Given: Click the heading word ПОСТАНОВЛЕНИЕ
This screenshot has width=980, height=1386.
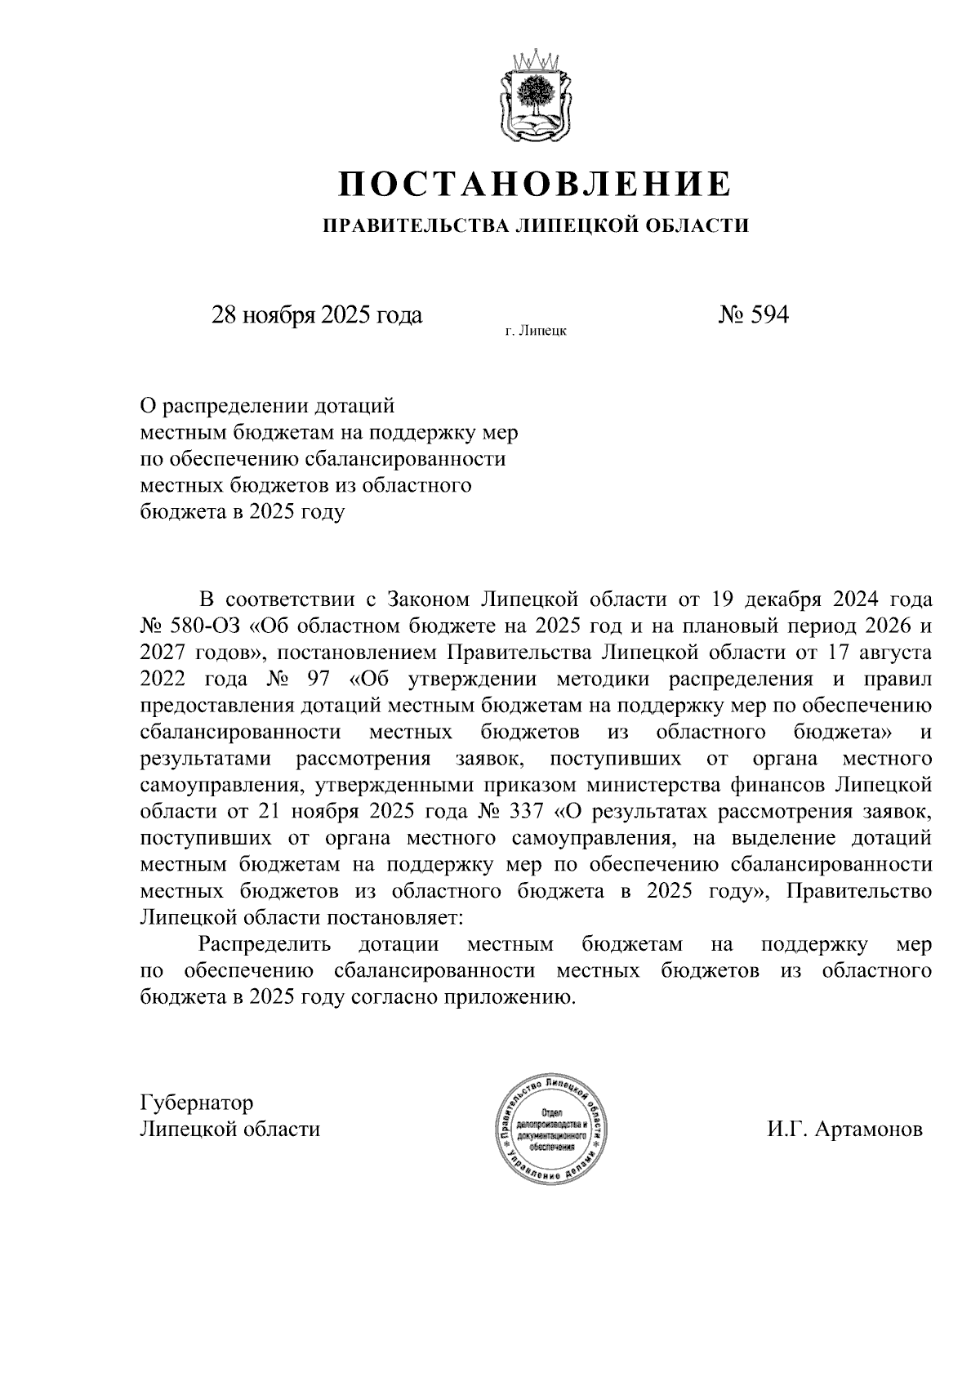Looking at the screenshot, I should pos(535,185).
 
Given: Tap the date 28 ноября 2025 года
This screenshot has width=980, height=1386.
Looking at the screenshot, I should pos(317,315).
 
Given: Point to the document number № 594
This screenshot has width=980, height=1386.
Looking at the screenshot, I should pos(753,315).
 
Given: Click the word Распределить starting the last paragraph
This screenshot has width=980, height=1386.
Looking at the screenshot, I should pos(264,945).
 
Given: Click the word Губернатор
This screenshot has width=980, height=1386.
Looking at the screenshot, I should pos(197,1103).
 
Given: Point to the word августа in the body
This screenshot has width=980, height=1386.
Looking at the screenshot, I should pos(893,653).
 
